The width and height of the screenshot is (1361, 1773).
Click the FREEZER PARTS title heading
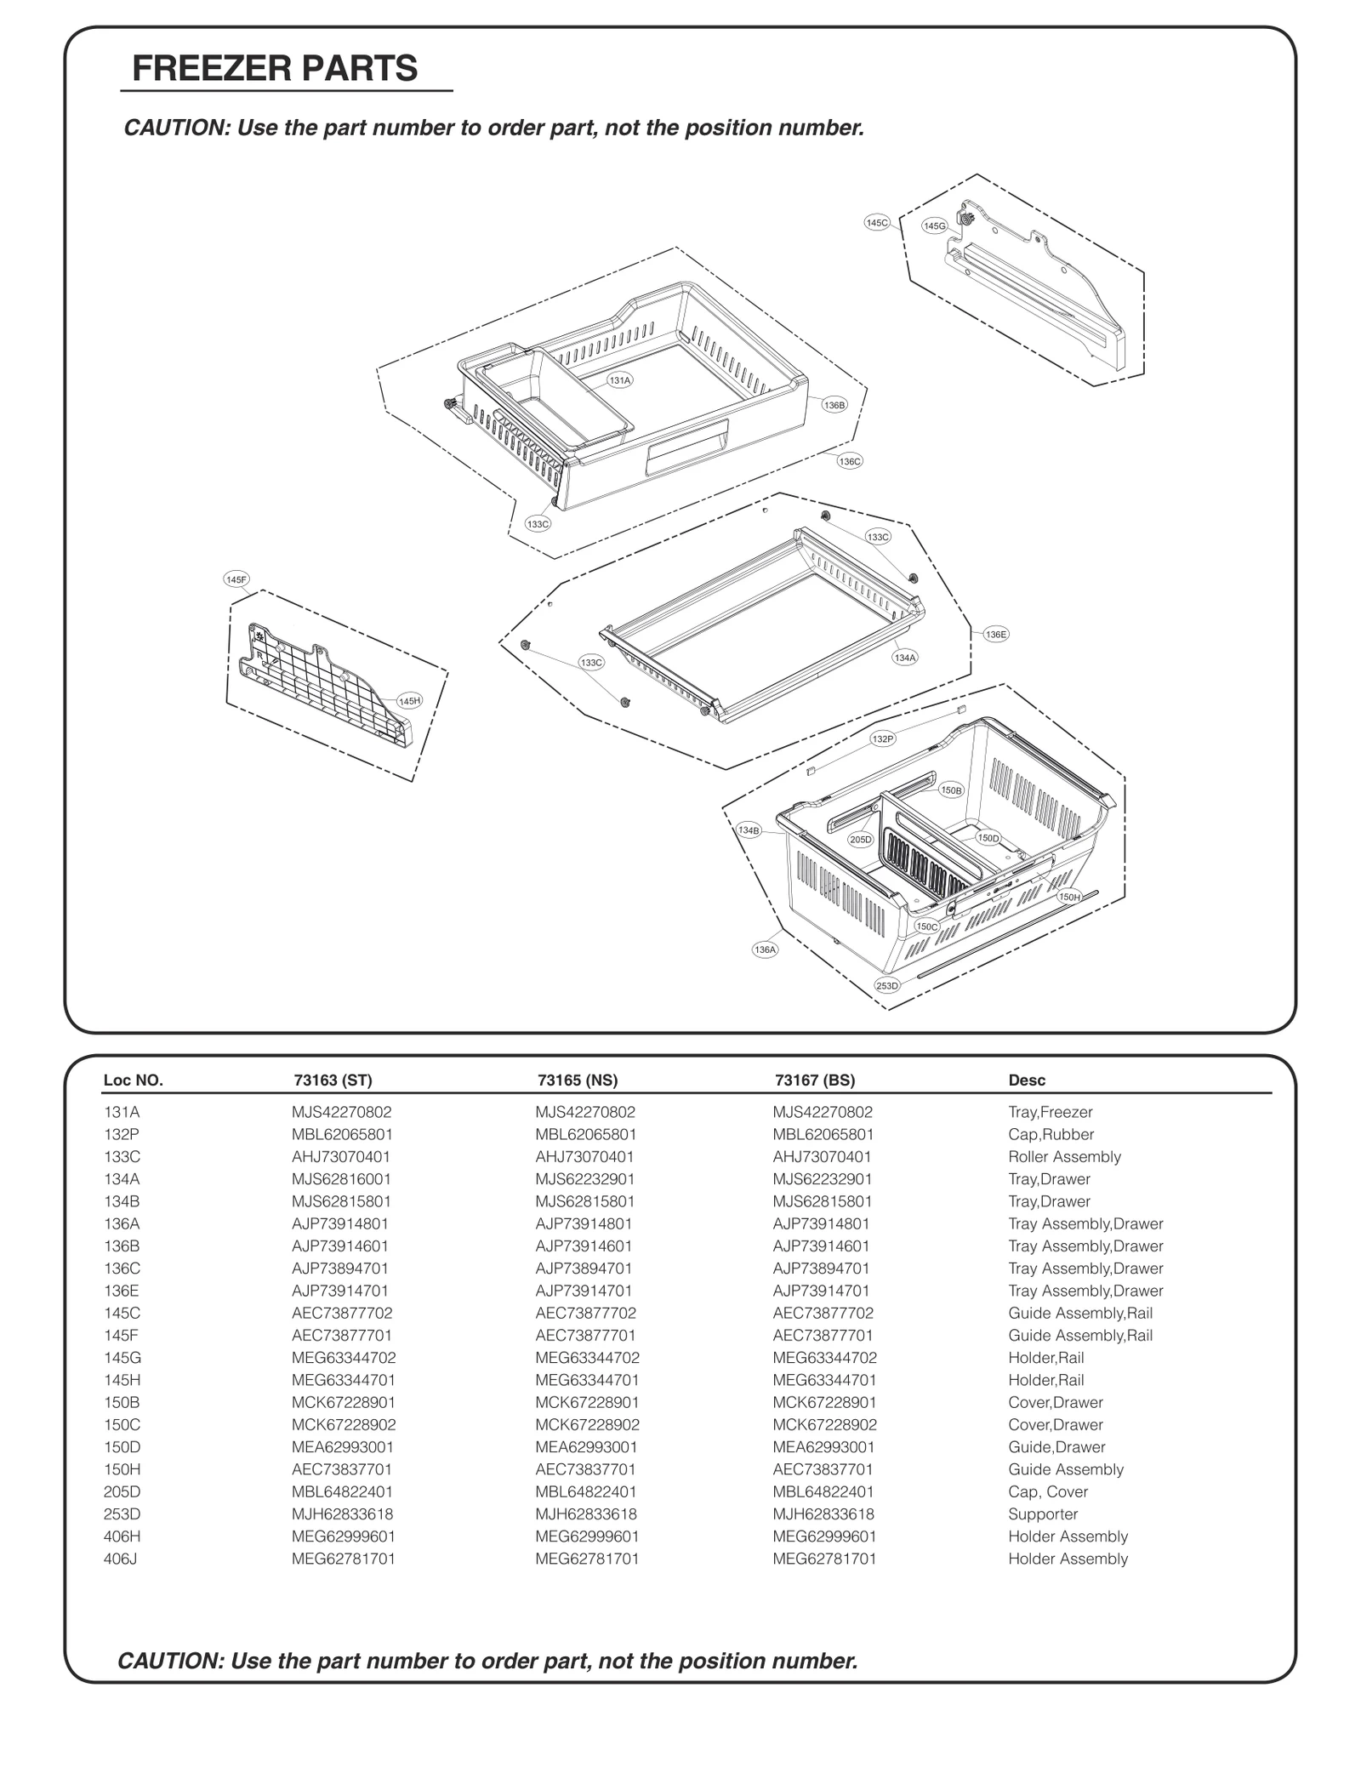275,68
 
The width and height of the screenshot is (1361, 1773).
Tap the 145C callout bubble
876,223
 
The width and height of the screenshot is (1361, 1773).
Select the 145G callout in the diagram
934,225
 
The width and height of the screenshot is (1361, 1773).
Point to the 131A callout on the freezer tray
619,380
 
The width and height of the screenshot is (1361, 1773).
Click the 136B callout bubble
834,405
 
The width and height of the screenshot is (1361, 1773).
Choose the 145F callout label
236,579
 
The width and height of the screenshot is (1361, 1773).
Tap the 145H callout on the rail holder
409,701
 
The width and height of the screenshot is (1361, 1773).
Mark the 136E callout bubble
995,634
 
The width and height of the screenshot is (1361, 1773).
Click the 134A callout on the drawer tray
904,658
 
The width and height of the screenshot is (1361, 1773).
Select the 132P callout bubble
883,739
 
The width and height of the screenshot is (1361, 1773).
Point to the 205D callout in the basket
860,840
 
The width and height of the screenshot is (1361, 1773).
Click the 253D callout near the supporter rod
887,985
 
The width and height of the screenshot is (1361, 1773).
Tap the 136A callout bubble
765,949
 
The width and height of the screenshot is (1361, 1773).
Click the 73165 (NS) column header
578,1080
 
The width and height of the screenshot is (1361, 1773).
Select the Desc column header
1027,1080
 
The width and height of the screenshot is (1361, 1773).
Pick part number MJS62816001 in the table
342,1179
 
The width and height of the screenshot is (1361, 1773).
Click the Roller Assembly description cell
1064,1157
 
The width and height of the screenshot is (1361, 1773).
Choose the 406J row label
120,1559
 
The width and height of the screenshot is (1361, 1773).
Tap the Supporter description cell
1043,1514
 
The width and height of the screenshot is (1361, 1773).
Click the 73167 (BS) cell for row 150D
823,1447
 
